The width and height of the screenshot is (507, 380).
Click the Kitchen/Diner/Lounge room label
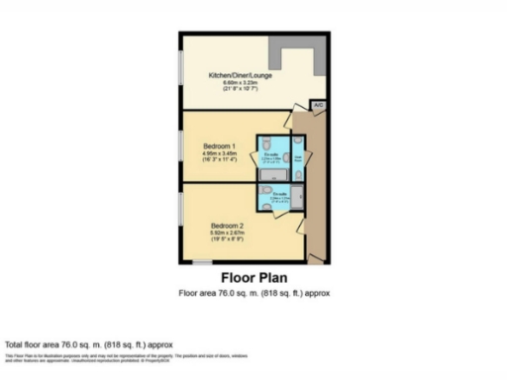click(240, 74)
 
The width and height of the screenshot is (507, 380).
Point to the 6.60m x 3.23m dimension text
click(240, 82)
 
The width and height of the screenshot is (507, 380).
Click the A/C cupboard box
click(318, 104)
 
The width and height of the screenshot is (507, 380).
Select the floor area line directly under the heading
click(253, 294)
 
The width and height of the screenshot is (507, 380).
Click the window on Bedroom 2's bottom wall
click(202, 262)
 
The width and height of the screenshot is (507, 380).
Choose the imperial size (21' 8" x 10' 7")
click(240, 90)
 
